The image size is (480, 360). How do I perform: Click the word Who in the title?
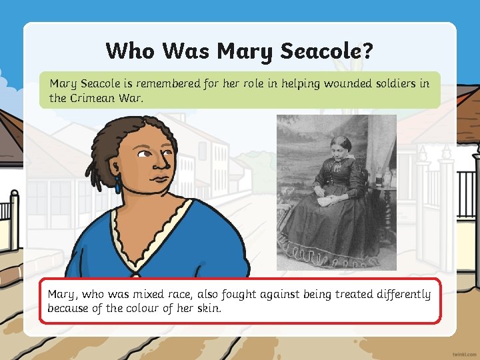pyautogui.click(x=131, y=51)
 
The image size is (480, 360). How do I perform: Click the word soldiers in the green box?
pyautogui.click(x=395, y=84)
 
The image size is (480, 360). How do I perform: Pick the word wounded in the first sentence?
pyautogui.click(x=341, y=84)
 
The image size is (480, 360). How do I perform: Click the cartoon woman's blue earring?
pyautogui.click(x=118, y=185)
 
